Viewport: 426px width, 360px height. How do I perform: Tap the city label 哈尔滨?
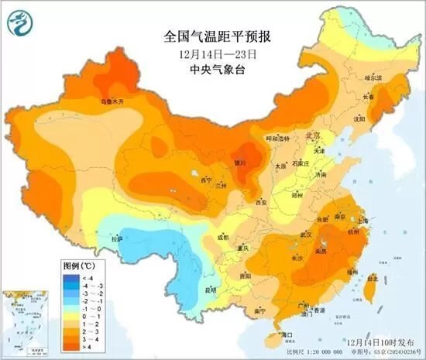point(373,78)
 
